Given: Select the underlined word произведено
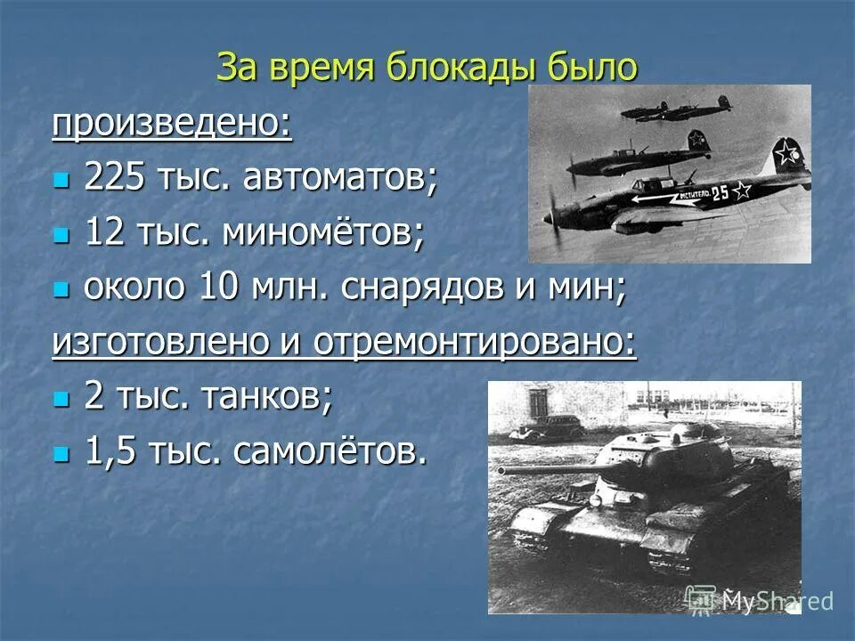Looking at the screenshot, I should point(171,124).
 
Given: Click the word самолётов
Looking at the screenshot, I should point(330,452).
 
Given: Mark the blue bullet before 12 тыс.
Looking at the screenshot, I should point(61,236).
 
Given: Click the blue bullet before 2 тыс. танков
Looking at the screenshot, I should point(61,400).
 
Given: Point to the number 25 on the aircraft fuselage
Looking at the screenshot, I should point(719,191).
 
